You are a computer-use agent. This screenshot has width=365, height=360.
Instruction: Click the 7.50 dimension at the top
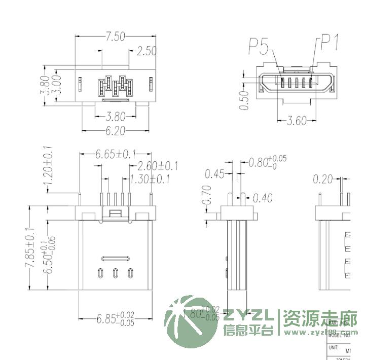pos(115,37)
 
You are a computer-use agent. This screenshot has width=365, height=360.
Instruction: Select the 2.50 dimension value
pos(147,51)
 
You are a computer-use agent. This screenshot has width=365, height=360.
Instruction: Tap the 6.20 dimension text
pos(115,131)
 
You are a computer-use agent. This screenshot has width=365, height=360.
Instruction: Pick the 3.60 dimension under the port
pos(297,121)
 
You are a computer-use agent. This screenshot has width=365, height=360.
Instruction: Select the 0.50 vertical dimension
pos(245,100)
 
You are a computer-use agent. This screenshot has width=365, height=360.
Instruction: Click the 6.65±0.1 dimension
pos(116,154)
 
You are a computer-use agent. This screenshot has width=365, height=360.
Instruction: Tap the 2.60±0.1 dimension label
pos(158,166)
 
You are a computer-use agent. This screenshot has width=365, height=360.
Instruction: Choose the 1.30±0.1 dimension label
pos(150,179)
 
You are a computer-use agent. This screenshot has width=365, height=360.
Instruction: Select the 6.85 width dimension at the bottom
pos(115,319)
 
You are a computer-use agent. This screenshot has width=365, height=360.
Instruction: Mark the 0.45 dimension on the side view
pos(214,174)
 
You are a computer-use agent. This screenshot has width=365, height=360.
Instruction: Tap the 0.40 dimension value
pos(263,197)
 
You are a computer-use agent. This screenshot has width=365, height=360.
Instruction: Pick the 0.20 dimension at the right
pos(323,178)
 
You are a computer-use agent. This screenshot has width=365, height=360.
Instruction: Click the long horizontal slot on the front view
pos(116,258)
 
